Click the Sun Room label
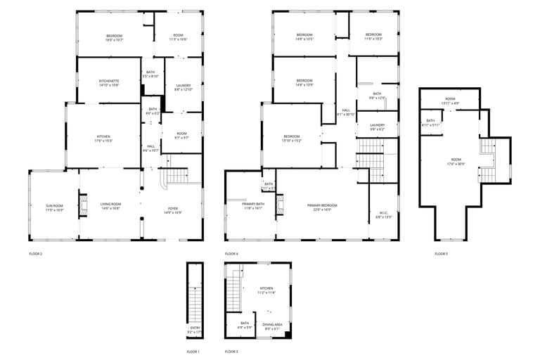coord(54,207)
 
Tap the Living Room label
coord(111,207)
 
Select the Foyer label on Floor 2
coord(172,210)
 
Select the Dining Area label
coord(272,326)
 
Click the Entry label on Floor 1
coord(195,330)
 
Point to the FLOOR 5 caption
coord(441,253)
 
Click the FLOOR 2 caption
coord(36,253)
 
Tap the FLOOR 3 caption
coord(231,351)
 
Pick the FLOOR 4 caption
coord(231,253)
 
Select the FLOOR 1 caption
coord(193,351)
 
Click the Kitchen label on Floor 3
coord(267,290)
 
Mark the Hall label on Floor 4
coord(346,112)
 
